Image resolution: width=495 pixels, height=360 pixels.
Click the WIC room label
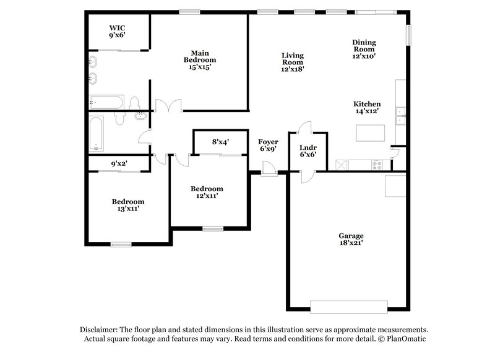tap(118, 32)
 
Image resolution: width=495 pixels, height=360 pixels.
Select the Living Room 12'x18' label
tap(292, 62)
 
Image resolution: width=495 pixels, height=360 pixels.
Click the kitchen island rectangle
tap(370, 133)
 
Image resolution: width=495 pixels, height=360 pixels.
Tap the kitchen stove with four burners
tap(377, 164)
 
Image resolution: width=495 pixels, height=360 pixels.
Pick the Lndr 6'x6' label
tap(308, 150)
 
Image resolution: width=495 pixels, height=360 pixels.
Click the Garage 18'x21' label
tap(350, 239)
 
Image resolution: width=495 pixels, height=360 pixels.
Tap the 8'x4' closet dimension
tap(221, 142)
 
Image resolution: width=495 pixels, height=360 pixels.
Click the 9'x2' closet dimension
tap(119, 164)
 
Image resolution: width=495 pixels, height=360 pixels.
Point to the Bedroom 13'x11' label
tap(128, 205)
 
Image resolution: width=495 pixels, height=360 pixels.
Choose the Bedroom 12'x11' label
tap(207, 192)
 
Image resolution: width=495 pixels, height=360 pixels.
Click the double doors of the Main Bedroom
tap(168, 106)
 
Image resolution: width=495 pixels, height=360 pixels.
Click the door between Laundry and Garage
tap(304, 178)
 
